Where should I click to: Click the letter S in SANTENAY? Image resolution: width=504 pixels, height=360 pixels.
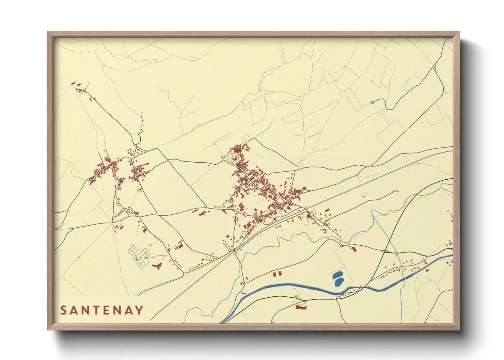(x=63, y=310)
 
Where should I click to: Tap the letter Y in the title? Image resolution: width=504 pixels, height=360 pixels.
(x=139, y=310)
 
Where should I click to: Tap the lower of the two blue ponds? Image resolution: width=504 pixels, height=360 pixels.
(x=339, y=282)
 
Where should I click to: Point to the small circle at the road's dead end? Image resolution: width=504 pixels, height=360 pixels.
(x=372, y=102)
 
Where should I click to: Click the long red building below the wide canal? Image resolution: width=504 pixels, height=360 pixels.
(x=301, y=307)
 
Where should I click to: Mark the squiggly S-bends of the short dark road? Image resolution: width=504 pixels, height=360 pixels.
(x=140, y=131)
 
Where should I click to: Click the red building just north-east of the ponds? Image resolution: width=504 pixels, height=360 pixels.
(x=353, y=249)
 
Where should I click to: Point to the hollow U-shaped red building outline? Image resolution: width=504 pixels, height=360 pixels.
(x=323, y=231)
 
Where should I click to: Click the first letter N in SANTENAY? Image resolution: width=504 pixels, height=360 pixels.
(x=84, y=310)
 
